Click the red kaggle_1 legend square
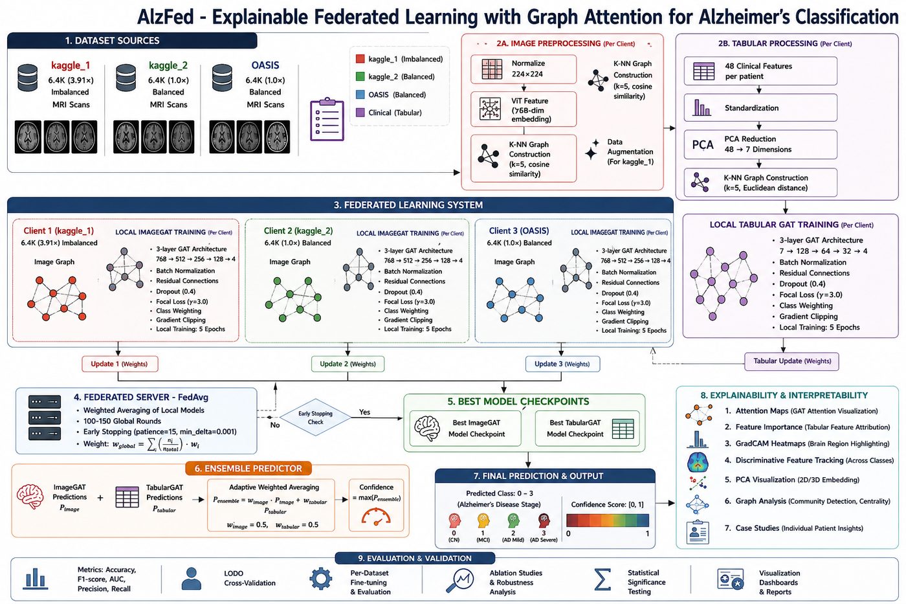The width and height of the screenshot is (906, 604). pos(360,59)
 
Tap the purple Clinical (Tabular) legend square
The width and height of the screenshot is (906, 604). pos(360,113)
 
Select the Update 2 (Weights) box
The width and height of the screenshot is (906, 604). pos(348,364)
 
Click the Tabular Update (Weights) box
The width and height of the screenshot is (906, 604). pos(792,361)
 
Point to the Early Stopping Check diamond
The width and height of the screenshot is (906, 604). pos(316,418)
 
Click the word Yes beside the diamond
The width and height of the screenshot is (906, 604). pos(364,412)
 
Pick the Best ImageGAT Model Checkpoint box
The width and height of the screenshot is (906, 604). pos(465,429)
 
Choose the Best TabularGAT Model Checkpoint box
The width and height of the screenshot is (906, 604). pos(588,429)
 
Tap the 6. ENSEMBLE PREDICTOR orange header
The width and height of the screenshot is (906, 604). pos(249,469)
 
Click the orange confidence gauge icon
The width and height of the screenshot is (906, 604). pos(376,516)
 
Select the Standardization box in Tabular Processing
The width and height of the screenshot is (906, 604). pos(760,107)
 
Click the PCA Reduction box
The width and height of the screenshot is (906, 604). pos(760,144)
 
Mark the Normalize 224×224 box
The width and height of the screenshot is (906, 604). pos(524,69)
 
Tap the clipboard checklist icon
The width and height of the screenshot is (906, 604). pos(327,119)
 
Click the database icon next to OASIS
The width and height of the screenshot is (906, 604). pos(222,78)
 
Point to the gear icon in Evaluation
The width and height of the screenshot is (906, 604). pos(321,579)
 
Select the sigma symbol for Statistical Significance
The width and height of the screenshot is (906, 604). pos(602,579)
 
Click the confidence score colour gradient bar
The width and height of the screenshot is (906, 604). pos(608,520)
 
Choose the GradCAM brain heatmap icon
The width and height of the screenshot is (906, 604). pos(698,462)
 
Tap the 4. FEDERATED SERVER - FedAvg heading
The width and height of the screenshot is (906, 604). pos(141,397)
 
